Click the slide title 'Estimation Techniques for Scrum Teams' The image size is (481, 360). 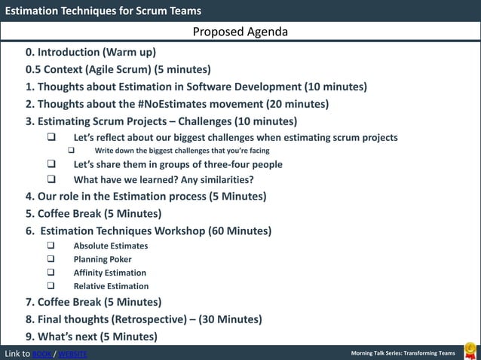(103, 11)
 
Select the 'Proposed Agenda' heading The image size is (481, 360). (240, 32)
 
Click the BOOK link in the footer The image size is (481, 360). (42, 354)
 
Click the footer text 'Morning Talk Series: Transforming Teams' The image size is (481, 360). (403, 354)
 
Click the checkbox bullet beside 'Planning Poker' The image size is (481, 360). (51, 259)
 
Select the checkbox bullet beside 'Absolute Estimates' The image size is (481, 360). (51, 246)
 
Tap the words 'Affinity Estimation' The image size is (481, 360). (109, 273)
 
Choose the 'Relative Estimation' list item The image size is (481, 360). (111, 286)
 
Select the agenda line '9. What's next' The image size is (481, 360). (91, 336)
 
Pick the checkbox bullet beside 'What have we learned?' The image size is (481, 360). (51, 180)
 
